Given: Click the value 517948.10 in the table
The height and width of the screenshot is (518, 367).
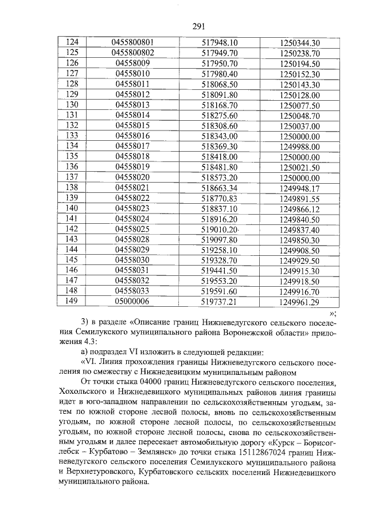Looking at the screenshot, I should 220,42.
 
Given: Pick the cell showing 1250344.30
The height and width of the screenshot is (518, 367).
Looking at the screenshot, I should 300,43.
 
